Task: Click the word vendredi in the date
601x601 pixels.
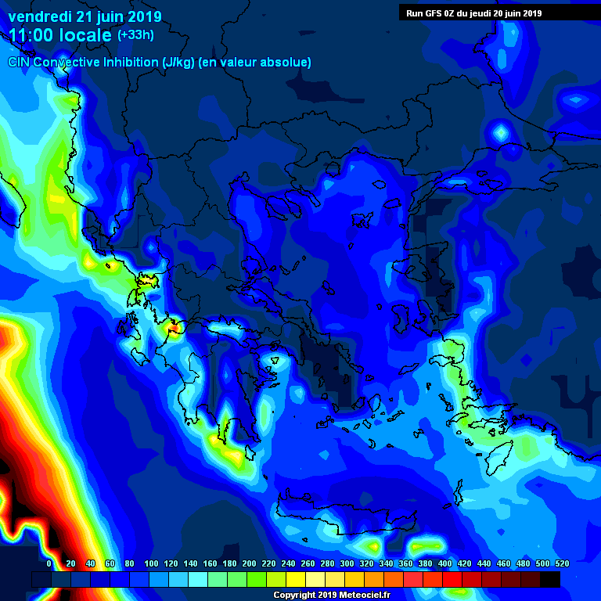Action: pos(40,16)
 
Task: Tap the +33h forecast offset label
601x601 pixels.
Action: pos(135,34)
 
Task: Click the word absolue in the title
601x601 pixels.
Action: pos(286,62)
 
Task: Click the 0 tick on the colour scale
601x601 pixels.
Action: pos(49,563)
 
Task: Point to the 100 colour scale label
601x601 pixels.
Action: pos(151,563)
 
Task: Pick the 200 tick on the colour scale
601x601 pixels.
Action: pos(249,563)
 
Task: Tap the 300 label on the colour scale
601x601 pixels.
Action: pos(347,563)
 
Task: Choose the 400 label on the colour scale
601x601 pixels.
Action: pos(444,563)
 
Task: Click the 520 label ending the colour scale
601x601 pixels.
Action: pos(561,563)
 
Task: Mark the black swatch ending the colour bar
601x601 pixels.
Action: pos(550,579)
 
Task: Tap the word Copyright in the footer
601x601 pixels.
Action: pos(294,595)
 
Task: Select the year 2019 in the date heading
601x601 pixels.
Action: pos(144,16)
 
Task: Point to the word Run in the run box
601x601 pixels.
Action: pos(414,13)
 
